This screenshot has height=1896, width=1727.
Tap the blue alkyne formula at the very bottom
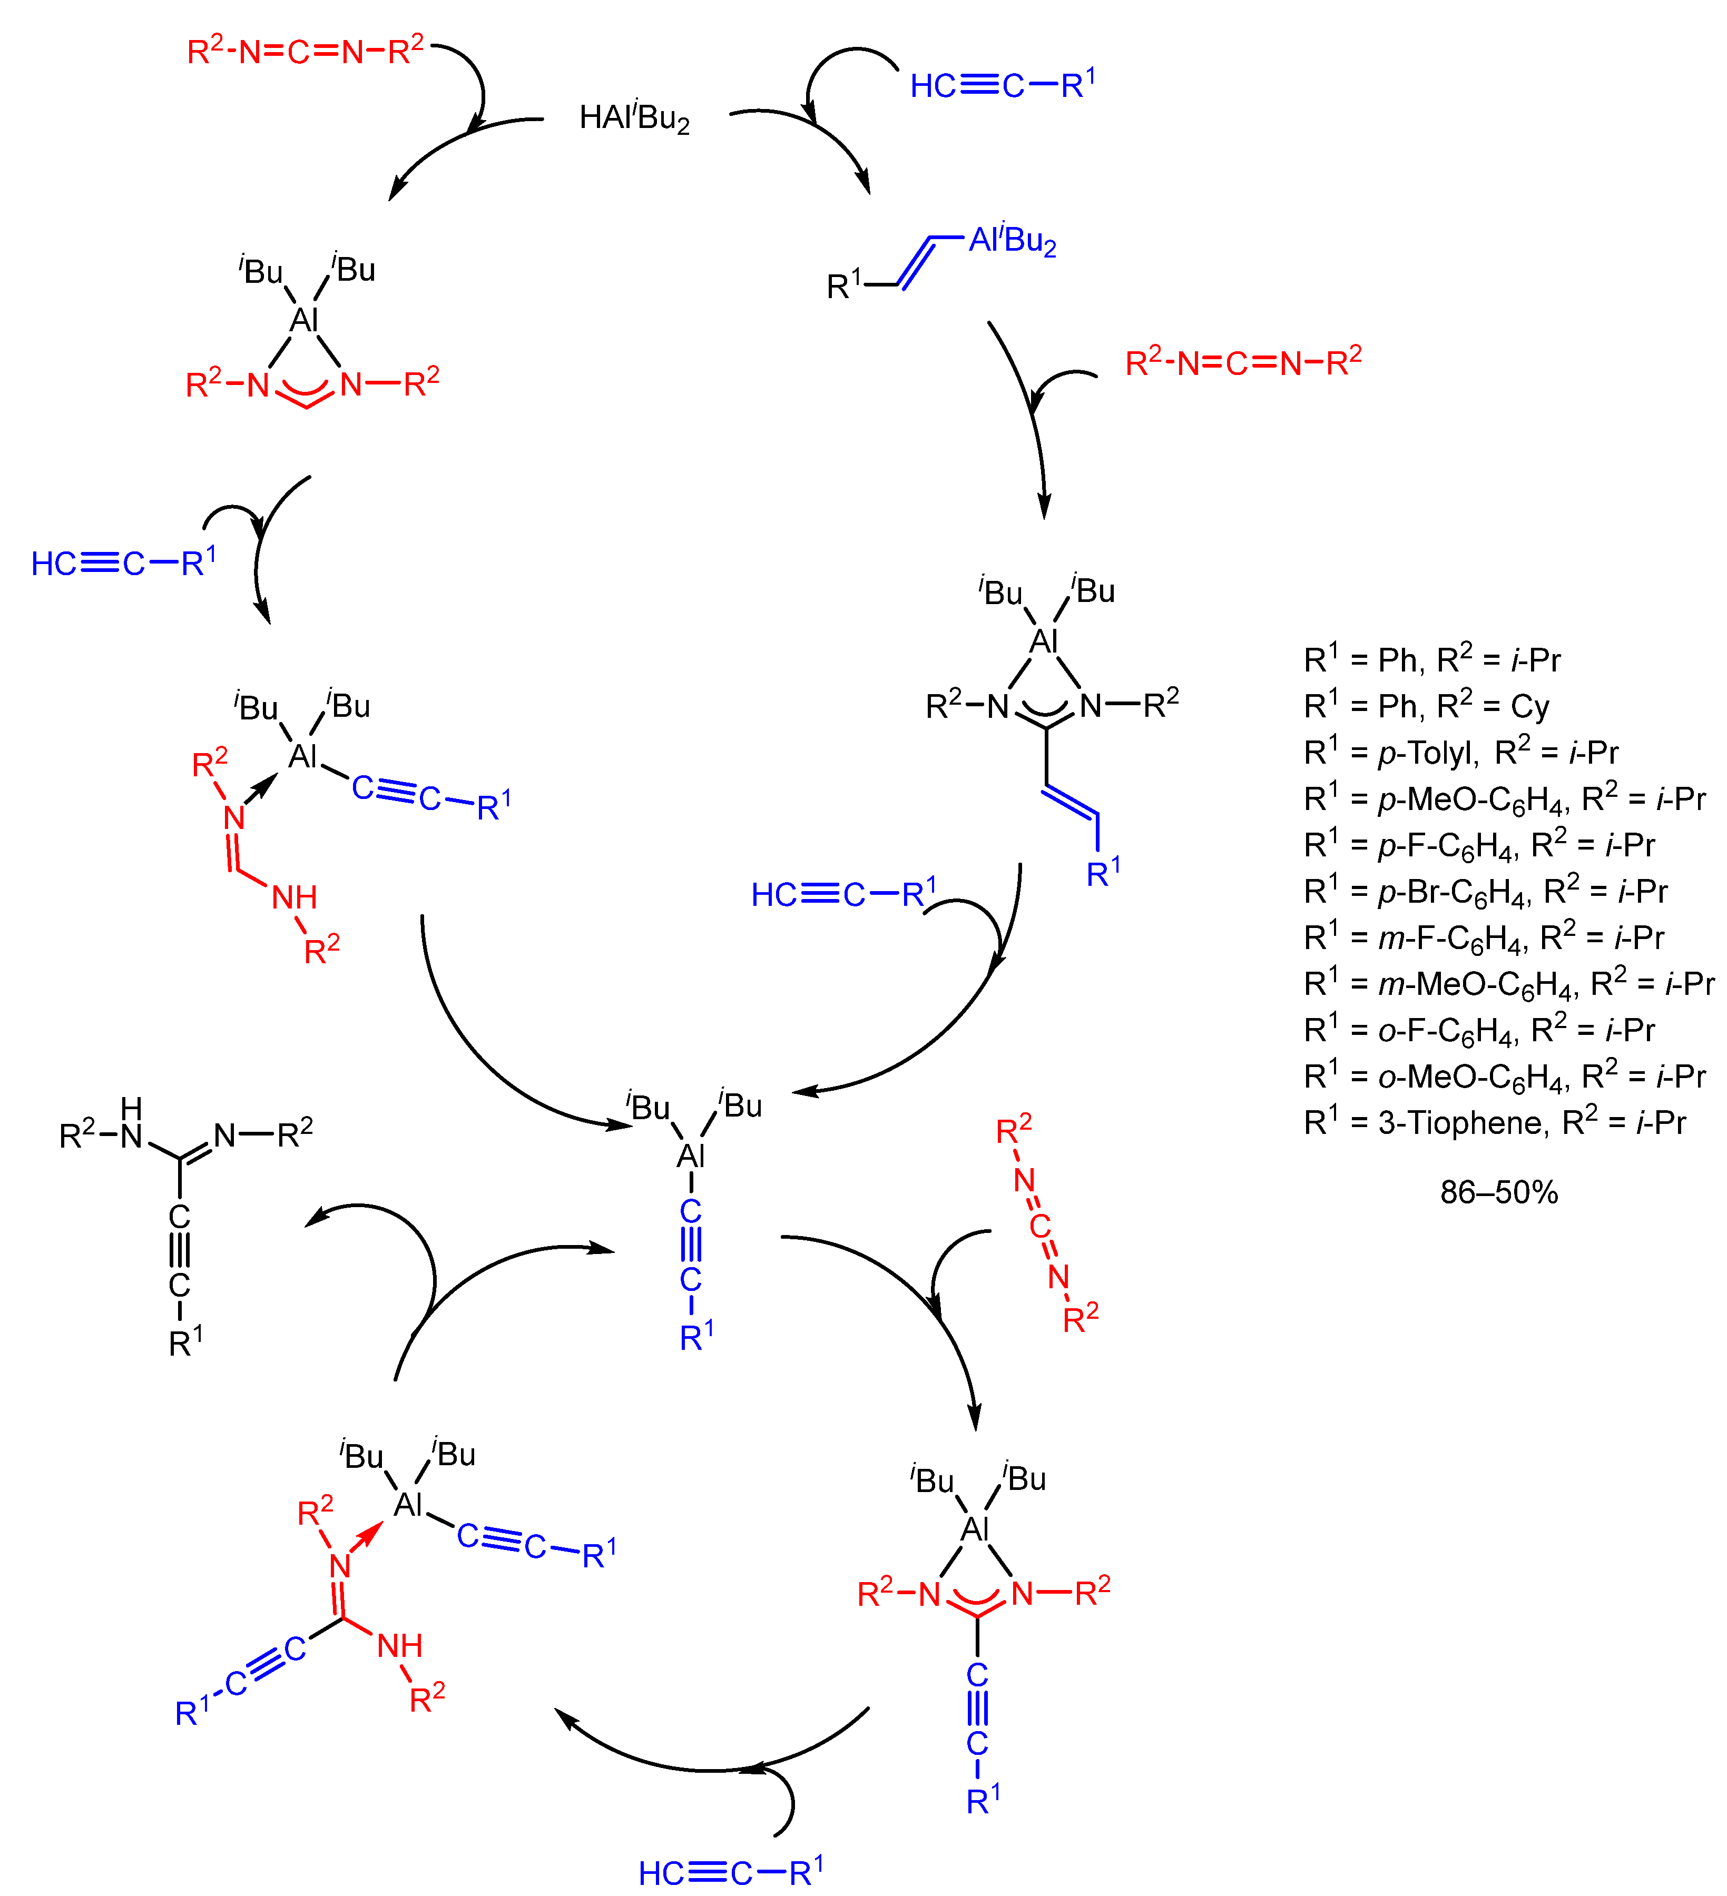[730, 1872]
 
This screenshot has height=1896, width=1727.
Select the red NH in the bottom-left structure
[400, 1646]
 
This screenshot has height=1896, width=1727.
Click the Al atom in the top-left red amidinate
[304, 320]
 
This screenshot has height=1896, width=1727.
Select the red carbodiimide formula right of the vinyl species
[1243, 362]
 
